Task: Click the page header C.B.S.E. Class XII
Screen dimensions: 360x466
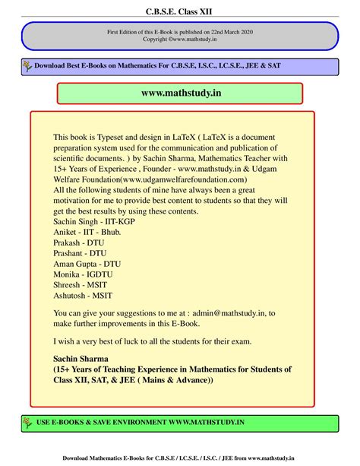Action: [x=180, y=11]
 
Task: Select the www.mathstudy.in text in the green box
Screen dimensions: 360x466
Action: [x=180, y=93]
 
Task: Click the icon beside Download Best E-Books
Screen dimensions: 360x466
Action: [x=26, y=66]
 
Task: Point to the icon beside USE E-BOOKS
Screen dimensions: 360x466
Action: [x=26, y=422]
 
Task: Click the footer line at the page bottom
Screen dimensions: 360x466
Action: [x=180, y=458]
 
